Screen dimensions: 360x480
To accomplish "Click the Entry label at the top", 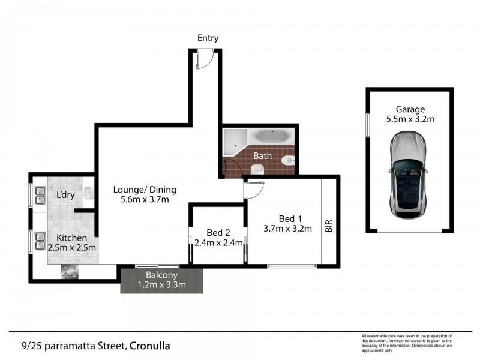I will [x=208, y=38].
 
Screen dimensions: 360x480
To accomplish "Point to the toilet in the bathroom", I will [x=289, y=161].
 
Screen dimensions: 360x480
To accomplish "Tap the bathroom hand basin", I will [x=257, y=170].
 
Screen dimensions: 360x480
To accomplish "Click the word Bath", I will [x=262, y=156].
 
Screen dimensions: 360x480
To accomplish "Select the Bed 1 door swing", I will [x=253, y=189].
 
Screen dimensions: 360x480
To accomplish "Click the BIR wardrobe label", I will [x=328, y=226].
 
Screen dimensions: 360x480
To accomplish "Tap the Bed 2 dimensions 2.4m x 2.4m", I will [x=218, y=243].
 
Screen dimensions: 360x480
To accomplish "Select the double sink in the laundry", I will [x=40, y=195].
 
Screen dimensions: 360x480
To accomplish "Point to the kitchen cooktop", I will [x=70, y=271].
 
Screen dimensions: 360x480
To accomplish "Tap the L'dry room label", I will [x=65, y=195].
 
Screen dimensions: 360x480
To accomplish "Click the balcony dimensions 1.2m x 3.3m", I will [x=162, y=285].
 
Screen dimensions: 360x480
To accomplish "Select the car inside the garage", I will [x=409, y=175].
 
